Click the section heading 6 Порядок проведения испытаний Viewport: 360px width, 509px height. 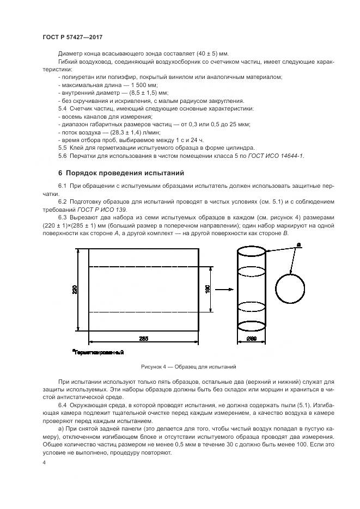tap(121, 173)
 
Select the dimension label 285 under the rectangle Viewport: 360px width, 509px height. tap(143, 339)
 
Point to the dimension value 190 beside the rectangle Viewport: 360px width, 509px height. tap(207, 289)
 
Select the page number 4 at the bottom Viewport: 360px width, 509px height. tap(44, 462)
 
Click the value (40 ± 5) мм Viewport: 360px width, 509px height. tap(210, 54)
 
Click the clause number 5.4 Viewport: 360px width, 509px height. tap(62, 109)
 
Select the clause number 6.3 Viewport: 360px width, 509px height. tap(62, 218)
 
